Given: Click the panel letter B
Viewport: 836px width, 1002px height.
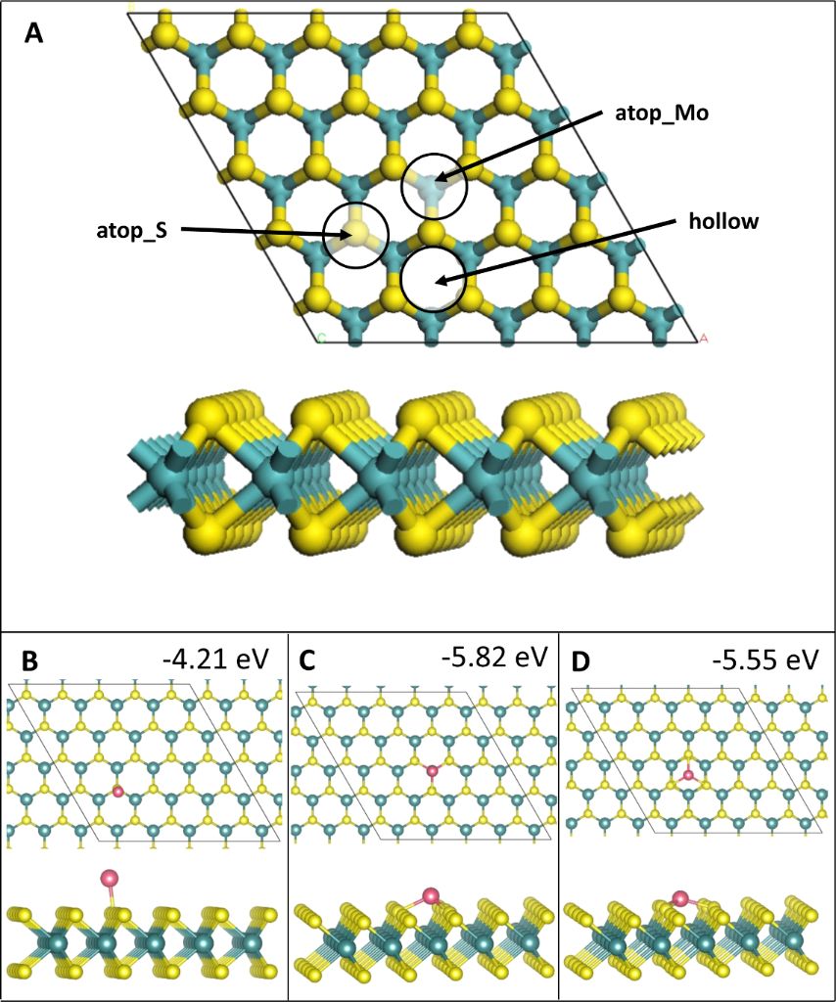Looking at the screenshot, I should coord(30,661).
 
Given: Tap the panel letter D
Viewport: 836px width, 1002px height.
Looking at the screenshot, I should coord(580,661).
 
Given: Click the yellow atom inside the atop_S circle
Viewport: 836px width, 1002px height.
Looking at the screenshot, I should coord(356,233).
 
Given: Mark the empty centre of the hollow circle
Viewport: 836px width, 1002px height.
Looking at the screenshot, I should coord(434,280).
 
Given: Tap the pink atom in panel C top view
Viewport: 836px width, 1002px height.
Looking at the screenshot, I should coord(433,771).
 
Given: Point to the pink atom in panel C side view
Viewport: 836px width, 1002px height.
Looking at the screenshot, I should coord(430,895).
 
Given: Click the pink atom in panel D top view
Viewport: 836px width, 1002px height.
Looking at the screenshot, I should coord(689,775).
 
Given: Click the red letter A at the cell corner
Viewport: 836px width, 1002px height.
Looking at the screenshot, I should coord(702,339).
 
